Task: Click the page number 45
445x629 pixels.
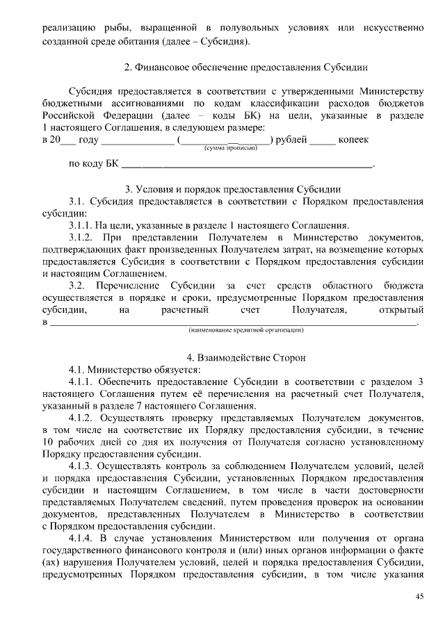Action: coord(419,597)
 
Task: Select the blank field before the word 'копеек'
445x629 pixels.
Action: coord(322,140)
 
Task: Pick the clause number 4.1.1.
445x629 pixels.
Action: coord(83,382)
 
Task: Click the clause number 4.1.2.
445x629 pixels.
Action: coord(83,418)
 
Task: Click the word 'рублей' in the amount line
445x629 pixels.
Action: coord(291,140)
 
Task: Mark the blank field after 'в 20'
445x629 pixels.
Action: coord(68,140)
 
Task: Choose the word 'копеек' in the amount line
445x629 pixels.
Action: coord(353,140)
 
